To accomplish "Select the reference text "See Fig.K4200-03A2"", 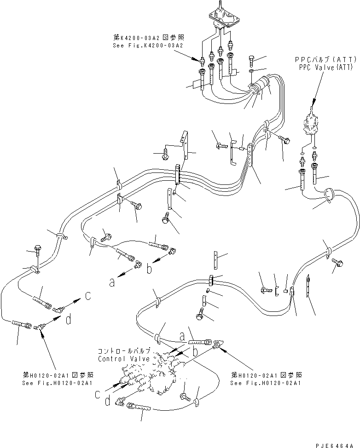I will (x=148, y=46).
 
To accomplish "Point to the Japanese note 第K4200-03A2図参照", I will (x=148, y=39).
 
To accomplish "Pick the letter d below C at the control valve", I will (x=107, y=402).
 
